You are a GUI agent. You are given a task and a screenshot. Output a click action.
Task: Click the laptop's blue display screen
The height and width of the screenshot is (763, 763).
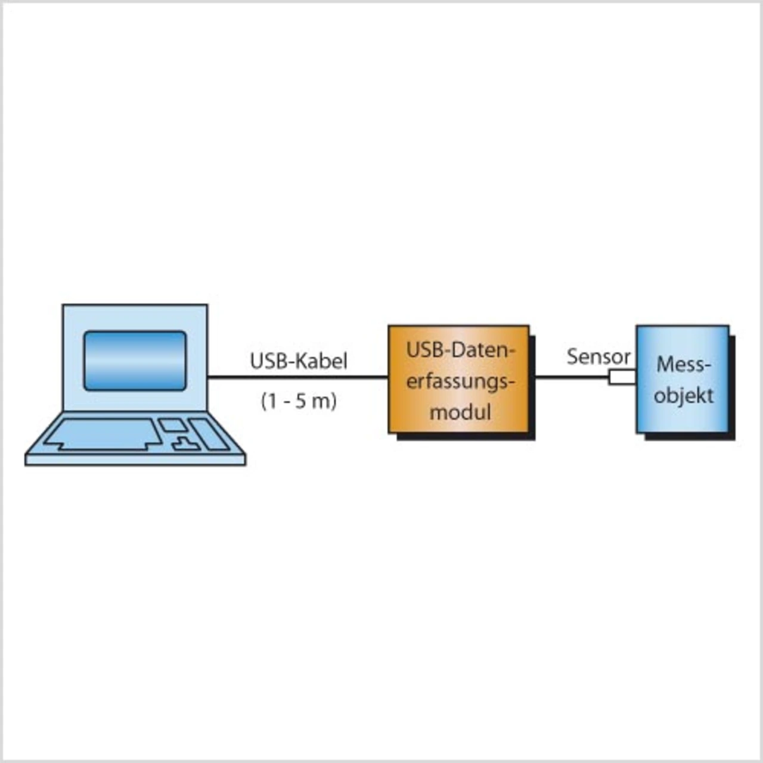(135, 361)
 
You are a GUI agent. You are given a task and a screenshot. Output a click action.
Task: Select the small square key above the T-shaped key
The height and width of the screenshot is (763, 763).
(173, 424)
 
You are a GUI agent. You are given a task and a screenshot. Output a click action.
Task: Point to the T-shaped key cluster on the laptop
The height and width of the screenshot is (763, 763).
(185, 443)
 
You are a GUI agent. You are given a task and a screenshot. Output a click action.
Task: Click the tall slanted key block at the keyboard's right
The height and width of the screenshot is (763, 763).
(209, 434)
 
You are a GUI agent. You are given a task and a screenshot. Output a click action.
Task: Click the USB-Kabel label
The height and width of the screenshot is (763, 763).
(298, 361)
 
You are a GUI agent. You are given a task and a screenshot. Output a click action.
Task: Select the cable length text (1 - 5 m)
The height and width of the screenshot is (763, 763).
(299, 401)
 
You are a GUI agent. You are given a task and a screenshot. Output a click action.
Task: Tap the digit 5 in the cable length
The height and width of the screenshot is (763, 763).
(301, 401)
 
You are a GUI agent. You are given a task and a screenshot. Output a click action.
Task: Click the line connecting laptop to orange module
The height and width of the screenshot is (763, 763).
(298, 377)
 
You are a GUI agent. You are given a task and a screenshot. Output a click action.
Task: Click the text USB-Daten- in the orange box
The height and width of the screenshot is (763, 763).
(460, 350)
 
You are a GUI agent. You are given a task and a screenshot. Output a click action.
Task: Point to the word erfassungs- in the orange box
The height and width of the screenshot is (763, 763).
(460, 381)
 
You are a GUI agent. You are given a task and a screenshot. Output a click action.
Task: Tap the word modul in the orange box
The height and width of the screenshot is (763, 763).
(460, 412)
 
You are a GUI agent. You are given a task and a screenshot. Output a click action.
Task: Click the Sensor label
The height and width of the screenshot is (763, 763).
(598, 356)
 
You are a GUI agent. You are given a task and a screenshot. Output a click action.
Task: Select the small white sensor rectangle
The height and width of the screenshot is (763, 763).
(622, 377)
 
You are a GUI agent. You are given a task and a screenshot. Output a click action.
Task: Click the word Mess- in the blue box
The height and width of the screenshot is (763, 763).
(684, 364)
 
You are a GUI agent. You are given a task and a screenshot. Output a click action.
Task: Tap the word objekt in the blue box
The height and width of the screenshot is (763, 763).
(684, 395)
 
